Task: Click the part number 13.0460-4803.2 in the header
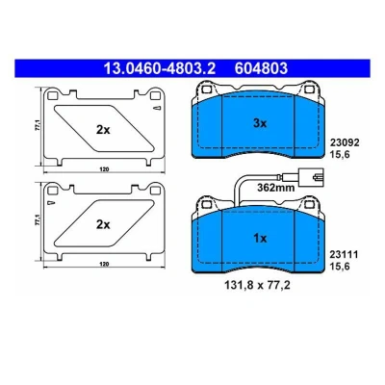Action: (x=160, y=68)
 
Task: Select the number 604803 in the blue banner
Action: (x=261, y=68)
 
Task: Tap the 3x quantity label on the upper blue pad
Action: (x=260, y=123)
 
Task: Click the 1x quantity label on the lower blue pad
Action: (x=260, y=239)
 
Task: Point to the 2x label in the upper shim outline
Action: (x=103, y=130)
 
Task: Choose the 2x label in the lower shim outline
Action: (x=103, y=224)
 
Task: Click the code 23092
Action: (x=345, y=142)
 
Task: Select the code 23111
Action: (x=344, y=254)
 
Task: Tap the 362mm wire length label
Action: (x=276, y=188)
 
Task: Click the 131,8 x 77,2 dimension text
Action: (x=258, y=285)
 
